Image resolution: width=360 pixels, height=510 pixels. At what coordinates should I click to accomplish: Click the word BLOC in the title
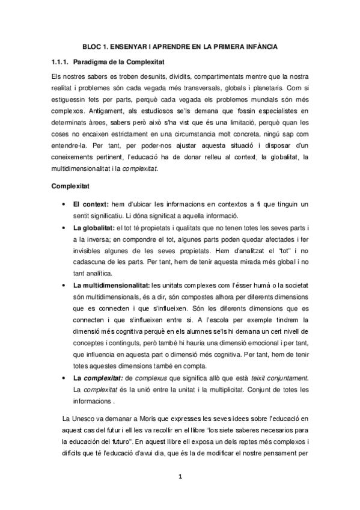(92, 46)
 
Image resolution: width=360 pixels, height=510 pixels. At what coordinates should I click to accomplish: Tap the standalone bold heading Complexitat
(70, 188)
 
